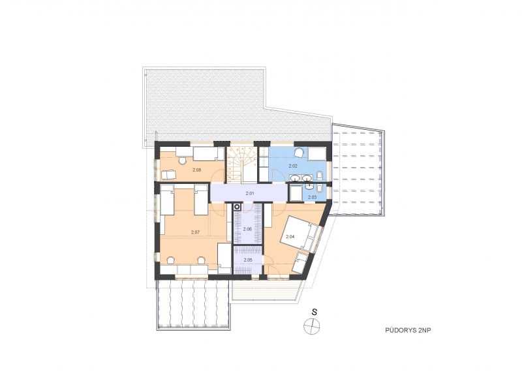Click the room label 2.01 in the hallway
click(x=250, y=193)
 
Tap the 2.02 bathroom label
click(x=292, y=166)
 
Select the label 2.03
click(x=313, y=197)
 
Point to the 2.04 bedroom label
click(x=290, y=237)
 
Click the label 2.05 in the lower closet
click(x=248, y=260)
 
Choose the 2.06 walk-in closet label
click(x=247, y=229)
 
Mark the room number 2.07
click(x=195, y=232)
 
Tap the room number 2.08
click(x=197, y=170)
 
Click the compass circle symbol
click(x=312, y=326)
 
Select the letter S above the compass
click(x=314, y=312)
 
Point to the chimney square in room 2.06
click(x=237, y=207)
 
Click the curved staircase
click(x=242, y=164)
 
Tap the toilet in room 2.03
click(x=319, y=189)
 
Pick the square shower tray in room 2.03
click(x=296, y=193)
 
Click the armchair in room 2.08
click(x=168, y=174)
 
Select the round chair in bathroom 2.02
click(x=299, y=152)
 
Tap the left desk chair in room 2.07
click(x=171, y=260)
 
